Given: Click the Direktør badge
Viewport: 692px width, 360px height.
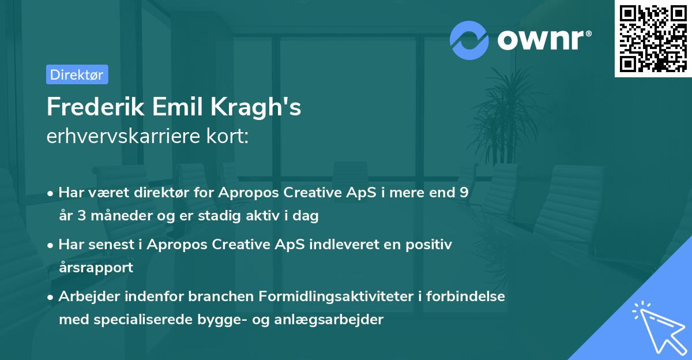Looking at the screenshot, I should click(77, 74).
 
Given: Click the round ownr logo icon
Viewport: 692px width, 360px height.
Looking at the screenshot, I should click(469, 39).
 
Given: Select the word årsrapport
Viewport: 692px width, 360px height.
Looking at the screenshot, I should click(96, 267).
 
